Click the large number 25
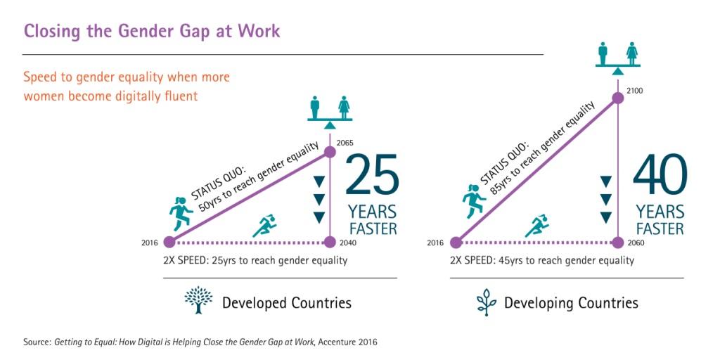(371, 175)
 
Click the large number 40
(660, 174)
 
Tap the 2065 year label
(345, 143)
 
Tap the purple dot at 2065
(330, 152)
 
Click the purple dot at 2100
(618, 98)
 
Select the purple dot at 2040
(330, 242)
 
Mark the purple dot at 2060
(618, 242)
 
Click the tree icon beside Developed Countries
(198, 300)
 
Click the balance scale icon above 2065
(330, 112)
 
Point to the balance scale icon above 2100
(618, 58)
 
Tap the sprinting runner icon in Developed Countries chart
(264, 226)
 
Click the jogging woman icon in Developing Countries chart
(473, 201)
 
